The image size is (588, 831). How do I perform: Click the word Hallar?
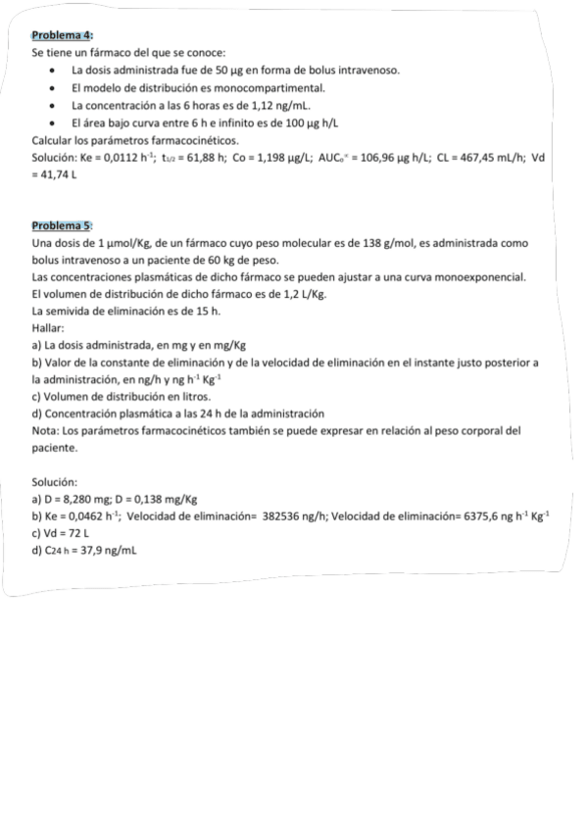click(x=48, y=327)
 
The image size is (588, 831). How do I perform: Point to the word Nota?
click(x=45, y=430)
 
